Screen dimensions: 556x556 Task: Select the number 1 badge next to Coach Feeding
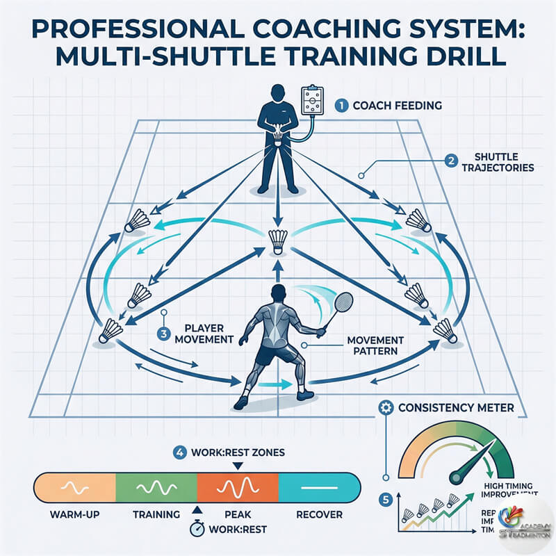[341, 106]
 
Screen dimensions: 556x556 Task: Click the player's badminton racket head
[343, 304]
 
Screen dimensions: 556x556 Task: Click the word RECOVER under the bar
[320, 515]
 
